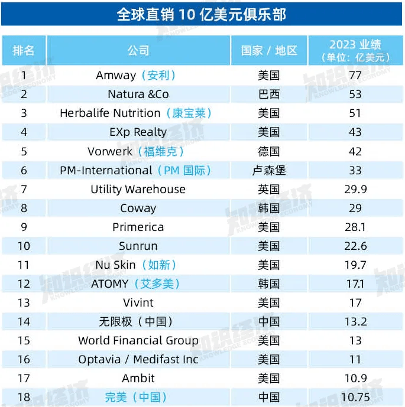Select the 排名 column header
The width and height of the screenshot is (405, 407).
[24, 51]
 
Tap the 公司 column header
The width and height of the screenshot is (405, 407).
[138, 51]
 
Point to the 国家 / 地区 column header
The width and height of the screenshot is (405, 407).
[269, 51]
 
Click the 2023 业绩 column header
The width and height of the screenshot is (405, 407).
[355, 51]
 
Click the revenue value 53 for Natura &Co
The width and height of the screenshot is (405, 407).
[355, 94]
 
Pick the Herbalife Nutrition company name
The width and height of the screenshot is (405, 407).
[110, 113]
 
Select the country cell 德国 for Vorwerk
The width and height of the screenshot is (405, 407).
[269, 151]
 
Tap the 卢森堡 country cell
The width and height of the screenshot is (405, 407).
[269, 170]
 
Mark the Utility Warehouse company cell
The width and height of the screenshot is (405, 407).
[138, 189]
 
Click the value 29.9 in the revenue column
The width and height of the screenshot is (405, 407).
[355, 189]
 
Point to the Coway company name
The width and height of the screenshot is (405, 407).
[138, 208]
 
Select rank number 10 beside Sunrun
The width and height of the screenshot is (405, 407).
[24, 246]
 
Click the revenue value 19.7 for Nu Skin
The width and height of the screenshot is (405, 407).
[355, 265]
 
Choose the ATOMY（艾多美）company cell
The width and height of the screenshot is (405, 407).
[135, 284]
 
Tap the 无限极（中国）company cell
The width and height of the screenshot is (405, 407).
[136, 321]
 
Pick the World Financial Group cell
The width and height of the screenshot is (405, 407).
[138, 340]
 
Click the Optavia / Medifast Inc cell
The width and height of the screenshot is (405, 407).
[138, 359]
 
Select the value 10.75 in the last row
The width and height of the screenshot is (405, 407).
[355, 397]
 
